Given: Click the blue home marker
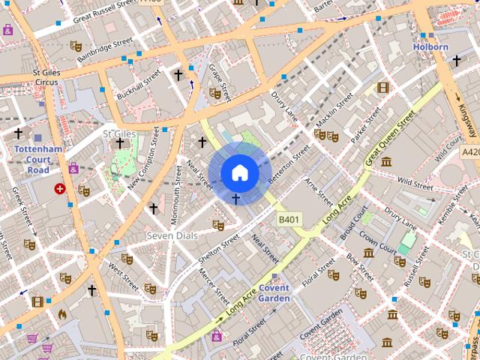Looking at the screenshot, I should coord(239,173).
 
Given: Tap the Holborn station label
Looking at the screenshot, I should coord(430,47).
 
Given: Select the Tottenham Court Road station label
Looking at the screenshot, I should coord(33,159).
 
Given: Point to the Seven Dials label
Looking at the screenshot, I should coord(172,235).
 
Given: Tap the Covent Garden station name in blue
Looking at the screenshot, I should coord(274,293).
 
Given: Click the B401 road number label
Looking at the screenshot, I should coord(289,220).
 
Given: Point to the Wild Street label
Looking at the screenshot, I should coord(415,183).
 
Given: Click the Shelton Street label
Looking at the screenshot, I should coord(219,248).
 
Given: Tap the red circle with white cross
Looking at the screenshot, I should coord(59,189).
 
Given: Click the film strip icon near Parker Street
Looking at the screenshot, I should coord(383,88).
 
